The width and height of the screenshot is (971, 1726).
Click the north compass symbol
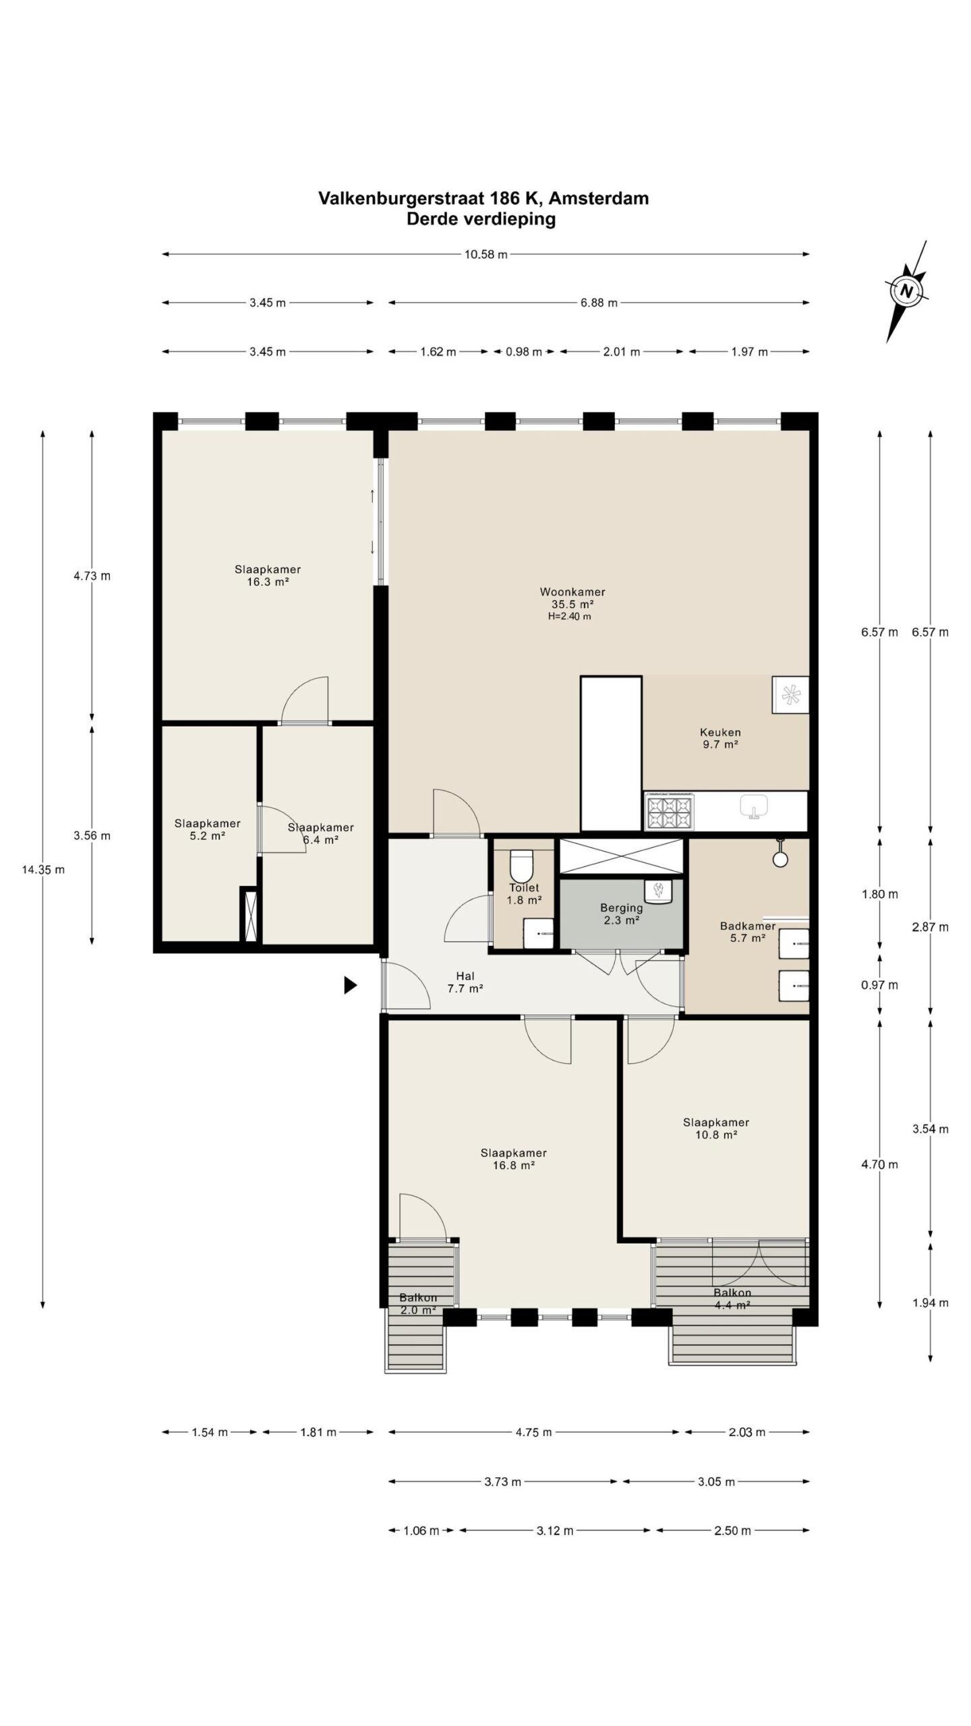click(x=907, y=291)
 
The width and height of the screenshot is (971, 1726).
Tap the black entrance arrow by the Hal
click(x=350, y=985)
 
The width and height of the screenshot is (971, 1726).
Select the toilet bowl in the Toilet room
click(x=521, y=864)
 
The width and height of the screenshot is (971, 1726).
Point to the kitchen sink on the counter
click(x=754, y=806)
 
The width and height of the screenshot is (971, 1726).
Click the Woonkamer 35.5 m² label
click(x=572, y=598)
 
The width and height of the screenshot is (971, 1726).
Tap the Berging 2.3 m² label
click(x=621, y=914)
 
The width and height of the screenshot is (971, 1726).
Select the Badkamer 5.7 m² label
click(x=747, y=932)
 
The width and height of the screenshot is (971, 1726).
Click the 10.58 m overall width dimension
click(x=486, y=254)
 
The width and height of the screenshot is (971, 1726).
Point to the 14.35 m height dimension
click(x=43, y=869)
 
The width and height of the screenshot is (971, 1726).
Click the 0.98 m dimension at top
click(x=524, y=351)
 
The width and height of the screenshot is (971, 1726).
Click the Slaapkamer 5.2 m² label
click(x=207, y=829)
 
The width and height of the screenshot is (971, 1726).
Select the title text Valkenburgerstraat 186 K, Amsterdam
click(x=483, y=198)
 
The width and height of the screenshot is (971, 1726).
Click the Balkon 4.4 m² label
click(x=732, y=1299)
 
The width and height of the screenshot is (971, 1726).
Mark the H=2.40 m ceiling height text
click(x=569, y=616)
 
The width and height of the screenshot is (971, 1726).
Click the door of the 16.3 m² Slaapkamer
click(x=305, y=701)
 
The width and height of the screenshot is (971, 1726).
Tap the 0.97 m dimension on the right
click(x=879, y=985)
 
